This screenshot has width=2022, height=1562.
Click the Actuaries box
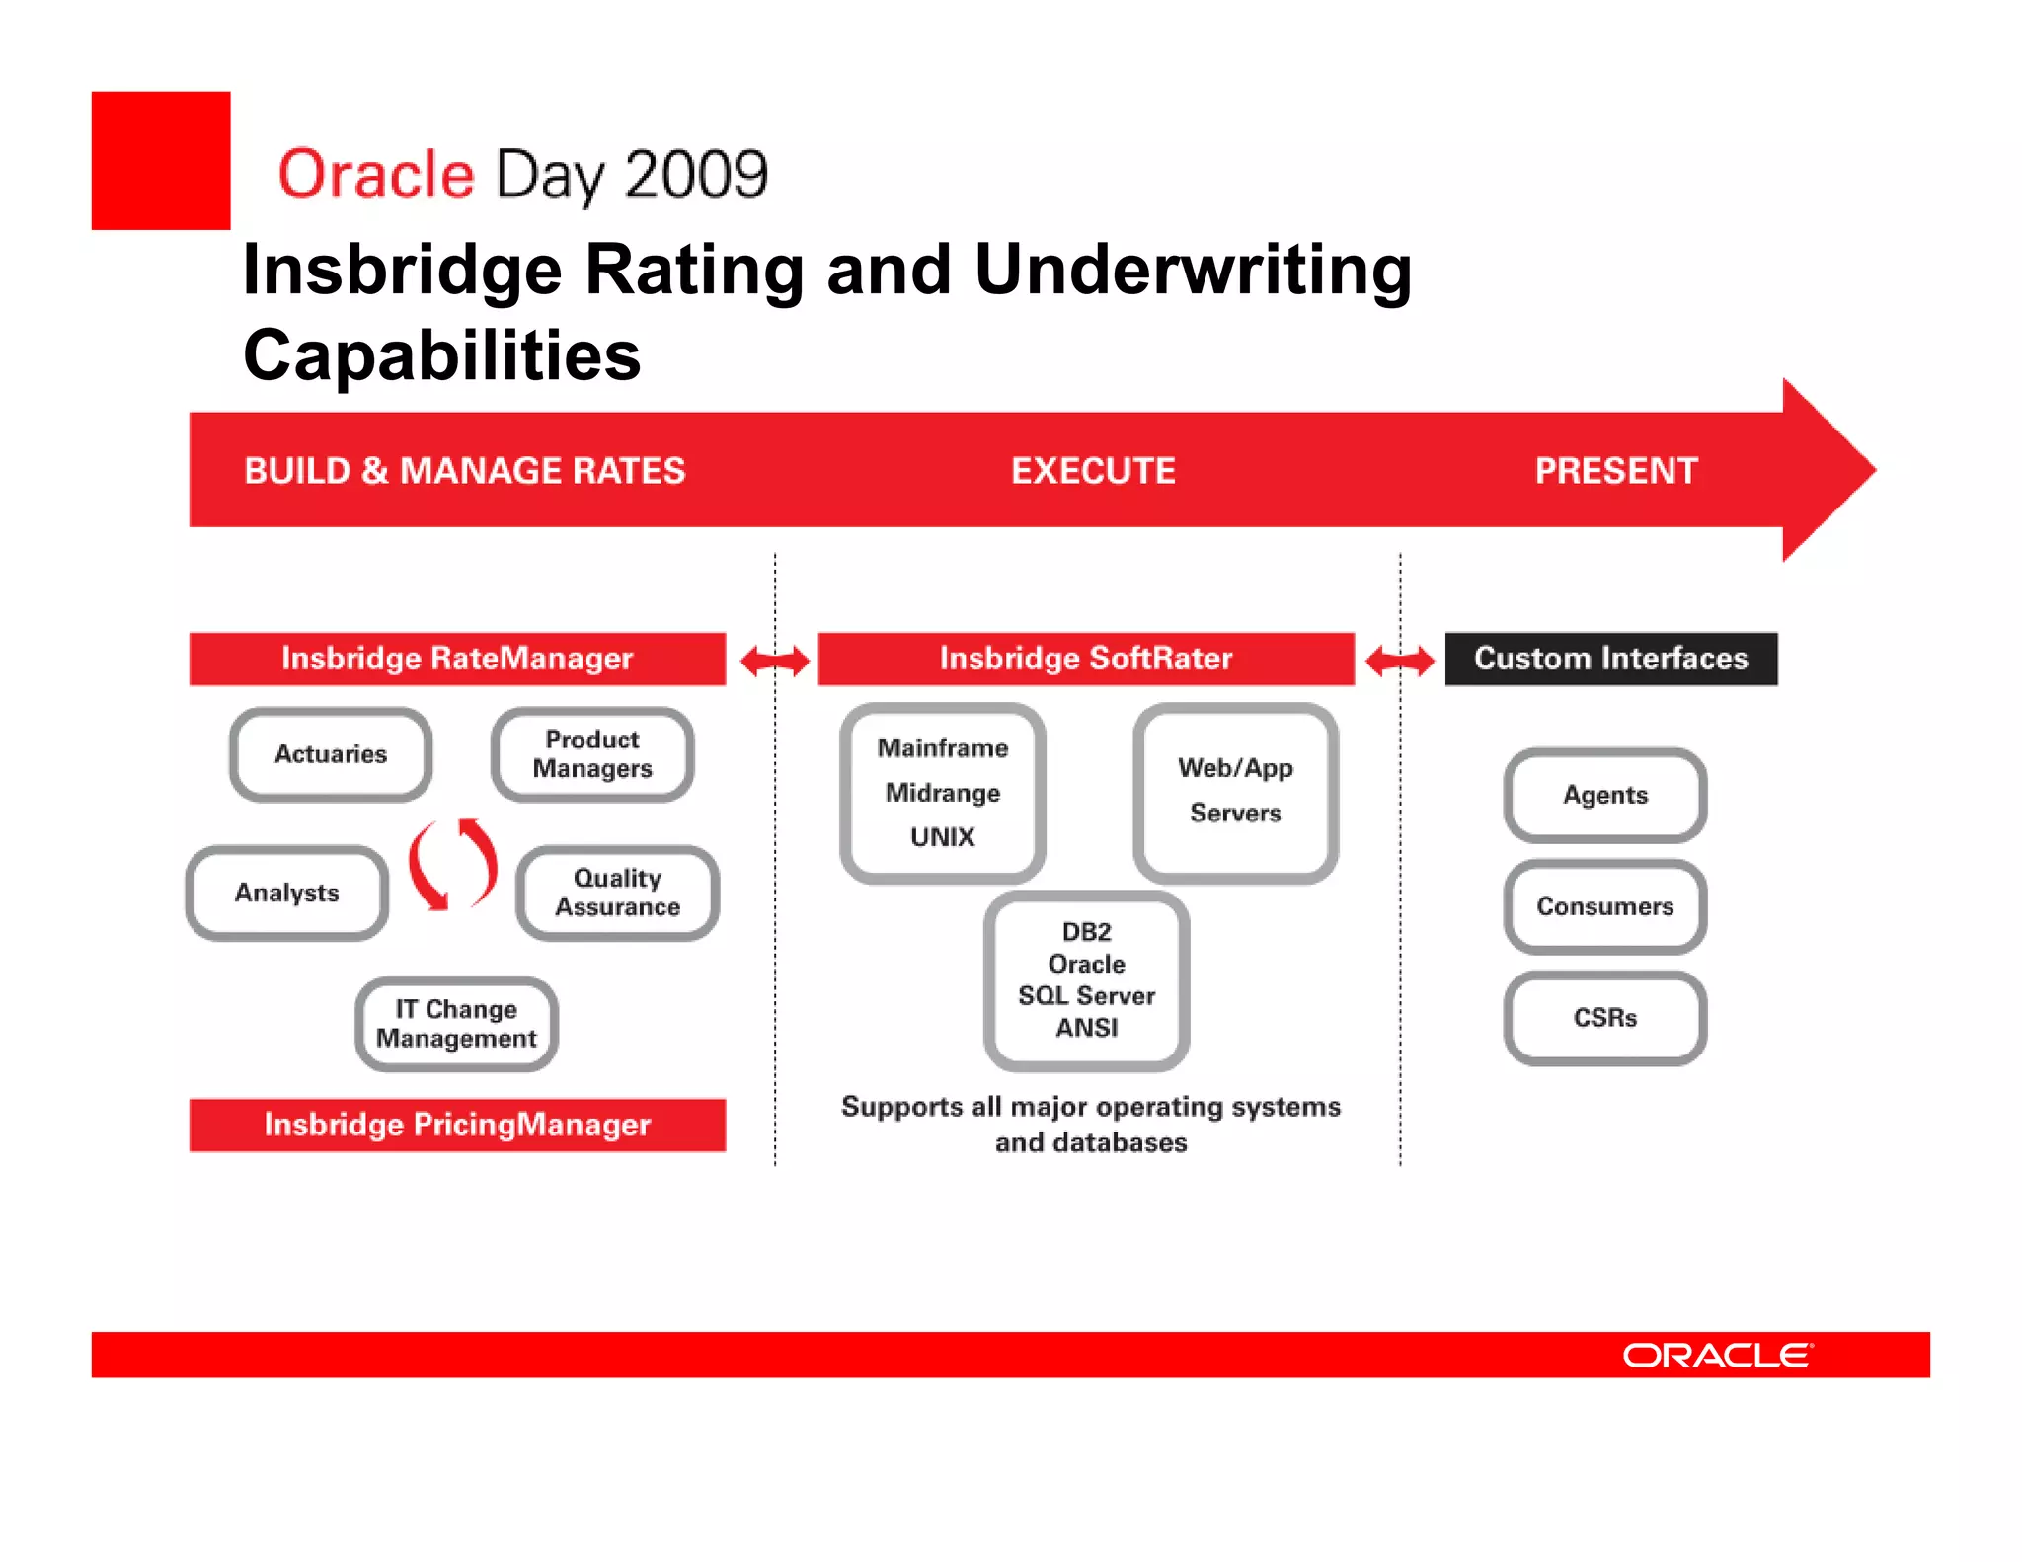click(331, 754)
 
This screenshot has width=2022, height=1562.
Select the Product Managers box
click(592, 754)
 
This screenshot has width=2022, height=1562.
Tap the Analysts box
click(286, 893)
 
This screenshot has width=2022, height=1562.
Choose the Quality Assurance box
click(617, 893)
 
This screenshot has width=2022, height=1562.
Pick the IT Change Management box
click(456, 1024)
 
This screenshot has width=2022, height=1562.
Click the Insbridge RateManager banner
click(457, 659)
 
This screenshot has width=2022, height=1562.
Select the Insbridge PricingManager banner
click(457, 1125)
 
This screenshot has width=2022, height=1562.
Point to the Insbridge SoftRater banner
click(1086, 659)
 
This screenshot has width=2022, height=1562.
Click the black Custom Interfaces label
click(1611, 659)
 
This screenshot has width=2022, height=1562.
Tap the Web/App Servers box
click(1235, 793)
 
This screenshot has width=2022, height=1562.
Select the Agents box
click(1605, 795)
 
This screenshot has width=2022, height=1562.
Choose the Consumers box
click(1605, 906)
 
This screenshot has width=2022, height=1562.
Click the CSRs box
click(1605, 1018)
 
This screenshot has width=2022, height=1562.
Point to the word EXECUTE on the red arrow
click(1093, 471)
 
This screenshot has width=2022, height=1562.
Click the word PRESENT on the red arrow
click(1616, 471)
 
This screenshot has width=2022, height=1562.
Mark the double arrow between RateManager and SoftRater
click(775, 661)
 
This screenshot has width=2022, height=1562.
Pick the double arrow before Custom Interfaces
click(1400, 661)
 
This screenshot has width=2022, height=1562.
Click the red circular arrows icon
click(452, 863)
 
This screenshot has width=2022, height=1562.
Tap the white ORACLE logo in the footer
click(1718, 1356)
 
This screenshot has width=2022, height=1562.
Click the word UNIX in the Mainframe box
click(942, 837)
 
